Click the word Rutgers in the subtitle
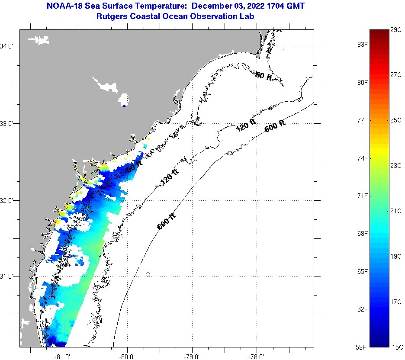pos(112,16)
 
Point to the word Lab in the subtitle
pos(247,16)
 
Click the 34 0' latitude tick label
pos(8,46)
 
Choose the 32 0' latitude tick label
pos(8,200)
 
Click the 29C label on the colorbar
pos(396,29)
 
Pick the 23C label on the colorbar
pos(396,165)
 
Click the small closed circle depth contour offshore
pos(148,274)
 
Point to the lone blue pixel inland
pos(124,106)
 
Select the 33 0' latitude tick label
pos(8,123)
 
